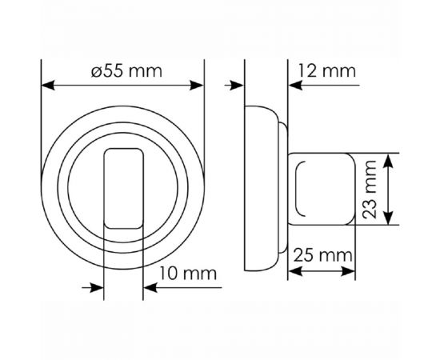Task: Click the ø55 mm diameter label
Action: (126, 70)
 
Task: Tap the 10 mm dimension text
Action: (188, 274)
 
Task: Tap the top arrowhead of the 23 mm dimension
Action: (388, 160)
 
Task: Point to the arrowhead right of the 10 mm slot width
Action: (148, 289)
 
